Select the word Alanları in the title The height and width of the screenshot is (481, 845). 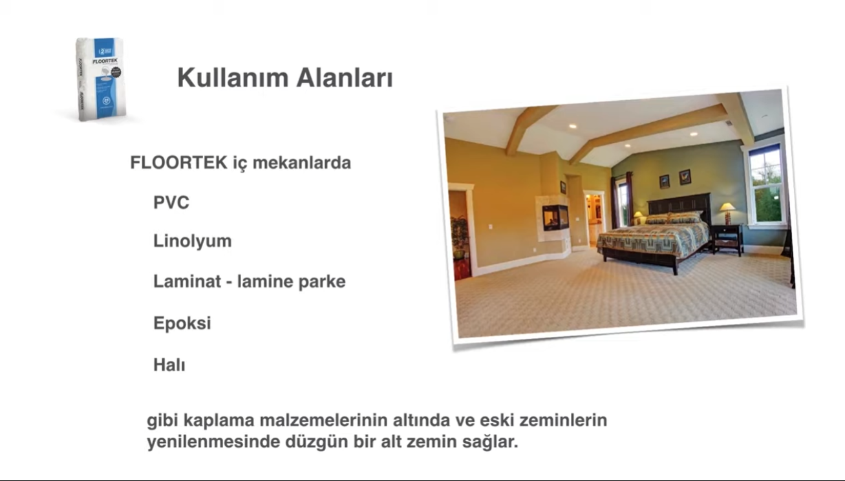coord(345,78)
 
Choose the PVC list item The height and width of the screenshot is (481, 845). coord(171,203)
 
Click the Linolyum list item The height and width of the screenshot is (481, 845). coord(192,241)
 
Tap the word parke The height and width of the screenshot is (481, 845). coord(321,282)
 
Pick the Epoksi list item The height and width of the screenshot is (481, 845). coord(182,323)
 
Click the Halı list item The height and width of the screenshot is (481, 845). coord(169,365)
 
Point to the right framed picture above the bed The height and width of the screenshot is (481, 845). coord(685,176)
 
